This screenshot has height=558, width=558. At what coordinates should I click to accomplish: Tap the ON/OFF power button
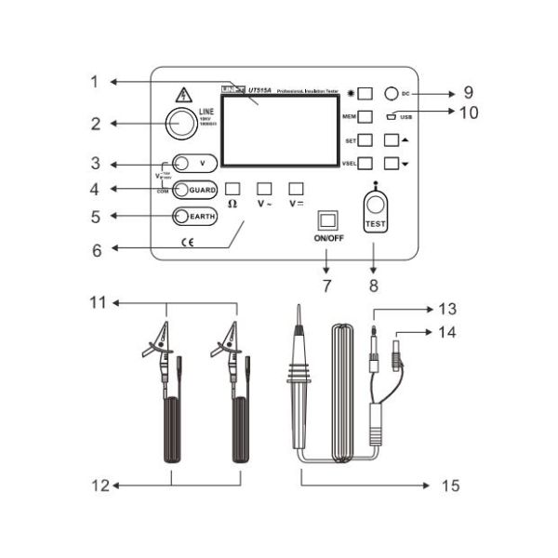pos(326,219)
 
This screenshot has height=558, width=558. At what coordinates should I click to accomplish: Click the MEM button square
pos(365,117)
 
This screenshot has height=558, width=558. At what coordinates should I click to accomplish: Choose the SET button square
pos(365,140)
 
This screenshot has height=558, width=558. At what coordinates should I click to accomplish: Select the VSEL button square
pos(365,163)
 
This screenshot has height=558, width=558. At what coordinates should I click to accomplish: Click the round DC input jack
pos(393,94)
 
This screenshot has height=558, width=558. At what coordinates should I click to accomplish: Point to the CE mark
pos(187,244)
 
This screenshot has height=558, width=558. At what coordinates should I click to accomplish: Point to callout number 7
pos(326,286)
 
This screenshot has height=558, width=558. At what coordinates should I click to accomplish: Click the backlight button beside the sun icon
pos(365,94)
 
